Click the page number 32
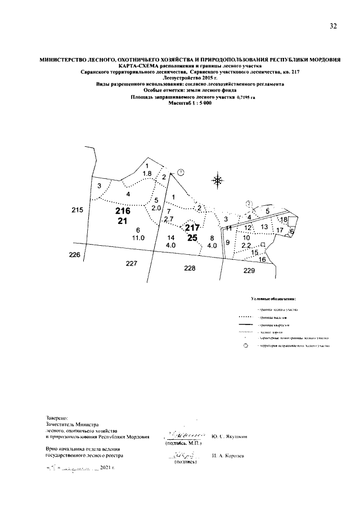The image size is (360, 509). pos(334,26)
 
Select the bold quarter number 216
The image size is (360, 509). pos(123,211)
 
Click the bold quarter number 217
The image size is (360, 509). pos(192,228)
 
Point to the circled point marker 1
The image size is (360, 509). pos(180,172)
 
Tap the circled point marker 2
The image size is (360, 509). pos(249,204)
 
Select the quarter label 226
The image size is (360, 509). pos(75,255)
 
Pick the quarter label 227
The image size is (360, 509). pos(132,263)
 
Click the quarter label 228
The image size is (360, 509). pos(190,269)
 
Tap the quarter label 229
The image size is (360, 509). pos(249,271)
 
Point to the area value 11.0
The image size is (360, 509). pos(138,238)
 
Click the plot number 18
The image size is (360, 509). pos(283,219)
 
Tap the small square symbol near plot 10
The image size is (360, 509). pos(263,244)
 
